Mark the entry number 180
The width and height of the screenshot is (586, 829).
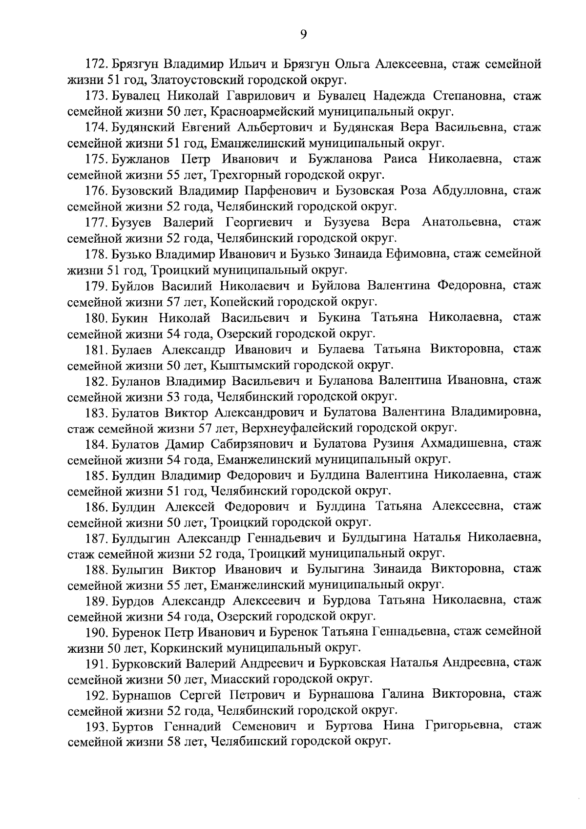97,318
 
